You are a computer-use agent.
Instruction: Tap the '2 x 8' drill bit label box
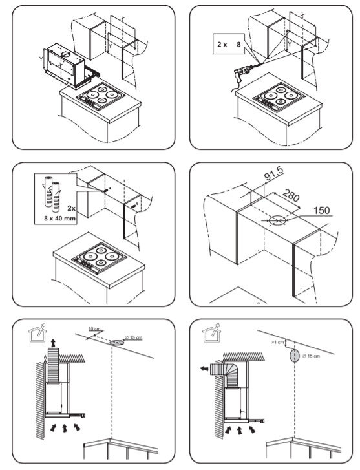point(228,44)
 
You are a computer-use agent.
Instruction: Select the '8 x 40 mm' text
point(59,218)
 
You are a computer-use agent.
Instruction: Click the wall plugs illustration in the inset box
point(52,194)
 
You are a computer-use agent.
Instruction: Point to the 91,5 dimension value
point(274,174)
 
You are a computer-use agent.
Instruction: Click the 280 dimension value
point(291,195)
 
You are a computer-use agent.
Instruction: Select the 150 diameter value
point(321,210)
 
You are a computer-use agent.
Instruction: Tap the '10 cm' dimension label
point(94,329)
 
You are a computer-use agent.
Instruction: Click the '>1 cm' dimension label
point(277,342)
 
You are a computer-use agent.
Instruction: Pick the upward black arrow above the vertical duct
point(54,343)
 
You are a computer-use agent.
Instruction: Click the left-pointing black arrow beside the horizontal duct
point(204,369)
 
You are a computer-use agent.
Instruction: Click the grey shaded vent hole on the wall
point(294,356)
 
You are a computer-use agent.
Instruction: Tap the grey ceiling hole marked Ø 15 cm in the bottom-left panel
point(116,342)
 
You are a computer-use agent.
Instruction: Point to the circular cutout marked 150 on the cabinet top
point(277,220)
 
